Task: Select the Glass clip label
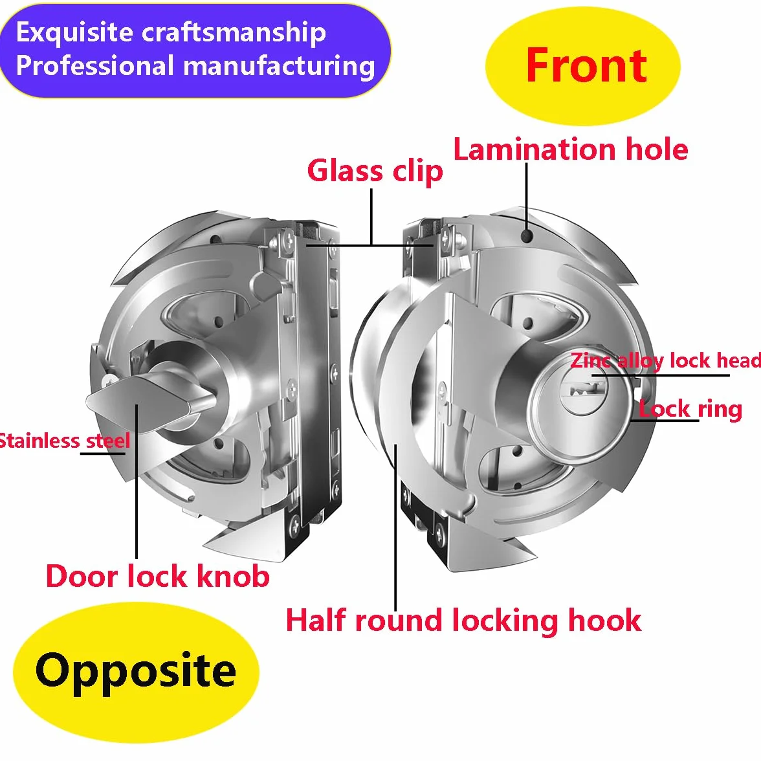[375, 172]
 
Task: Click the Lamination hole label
[571, 149]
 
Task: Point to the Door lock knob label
[158, 576]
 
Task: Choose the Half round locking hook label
[463, 621]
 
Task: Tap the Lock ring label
[690, 409]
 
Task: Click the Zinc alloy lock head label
[666, 360]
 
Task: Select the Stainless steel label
[65, 441]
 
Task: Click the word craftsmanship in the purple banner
[234, 33]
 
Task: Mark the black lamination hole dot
[527, 236]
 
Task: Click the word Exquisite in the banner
[74, 32]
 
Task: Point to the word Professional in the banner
[94, 65]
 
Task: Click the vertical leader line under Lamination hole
[527, 197]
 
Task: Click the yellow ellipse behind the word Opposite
[137, 673]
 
